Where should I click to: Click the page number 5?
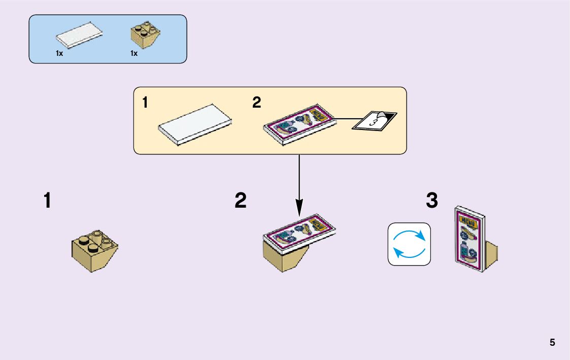click(x=552, y=342)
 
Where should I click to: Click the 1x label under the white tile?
click(x=59, y=53)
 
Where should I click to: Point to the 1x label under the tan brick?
click(x=134, y=53)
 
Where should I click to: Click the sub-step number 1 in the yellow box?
click(x=146, y=103)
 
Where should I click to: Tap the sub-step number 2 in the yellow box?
click(x=257, y=103)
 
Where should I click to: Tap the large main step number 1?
click(x=47, y=201)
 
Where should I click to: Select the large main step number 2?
click(x=241, y=201)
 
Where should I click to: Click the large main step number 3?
click(x=431, y=201)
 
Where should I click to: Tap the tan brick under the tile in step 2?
click(x=284, y=258)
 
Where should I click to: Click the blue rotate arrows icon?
click(x=409, y=244)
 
